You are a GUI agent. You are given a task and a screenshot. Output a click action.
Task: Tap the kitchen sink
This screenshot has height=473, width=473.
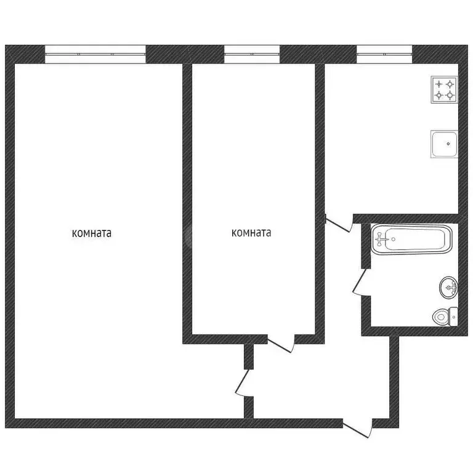443,144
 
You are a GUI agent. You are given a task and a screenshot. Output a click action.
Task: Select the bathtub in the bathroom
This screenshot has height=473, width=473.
411,239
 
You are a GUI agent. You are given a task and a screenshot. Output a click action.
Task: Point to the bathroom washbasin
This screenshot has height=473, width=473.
449,287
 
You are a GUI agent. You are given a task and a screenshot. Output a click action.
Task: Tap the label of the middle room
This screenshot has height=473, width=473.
251,233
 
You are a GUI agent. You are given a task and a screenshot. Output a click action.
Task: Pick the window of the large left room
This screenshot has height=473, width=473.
95,54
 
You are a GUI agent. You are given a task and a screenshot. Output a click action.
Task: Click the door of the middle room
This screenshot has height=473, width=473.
280,345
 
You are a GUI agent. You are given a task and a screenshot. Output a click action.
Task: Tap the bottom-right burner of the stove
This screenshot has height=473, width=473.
451,95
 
